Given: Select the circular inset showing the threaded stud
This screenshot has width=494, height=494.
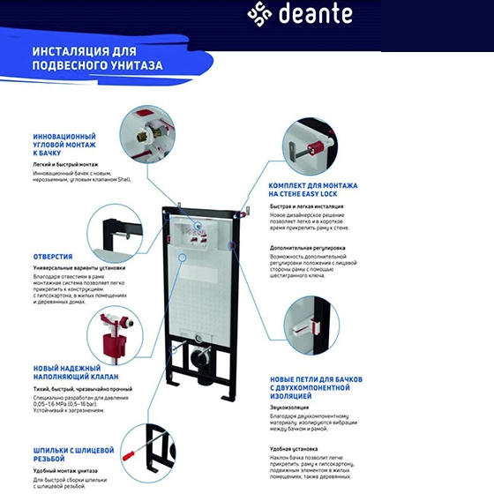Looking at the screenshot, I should (147, 448).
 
